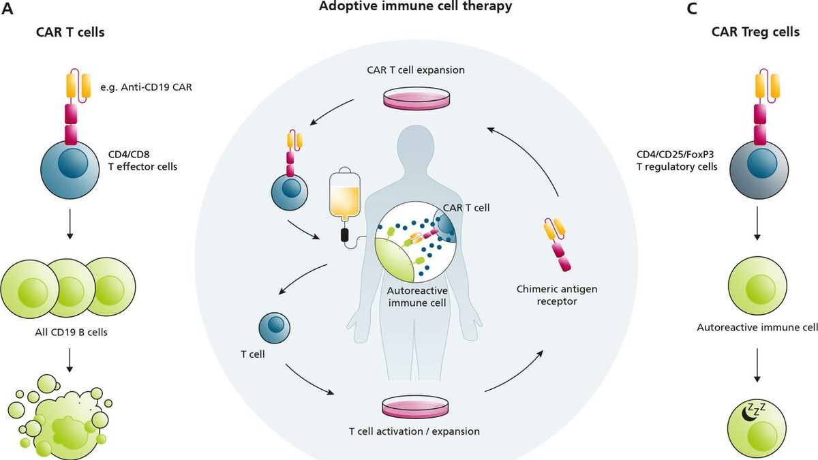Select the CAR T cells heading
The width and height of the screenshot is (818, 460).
click(x=70, y=32)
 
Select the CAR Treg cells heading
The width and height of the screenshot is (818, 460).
click(x=755, y=32)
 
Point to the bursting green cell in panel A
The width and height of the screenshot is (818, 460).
click(x=65, y=416)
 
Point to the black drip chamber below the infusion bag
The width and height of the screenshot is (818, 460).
click(x=345, y=236)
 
